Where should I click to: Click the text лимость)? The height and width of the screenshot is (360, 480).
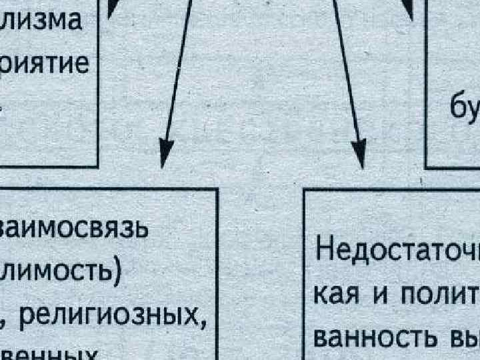click(x=60, y=275)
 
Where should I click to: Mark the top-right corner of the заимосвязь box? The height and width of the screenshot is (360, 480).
click(x=218, y=190)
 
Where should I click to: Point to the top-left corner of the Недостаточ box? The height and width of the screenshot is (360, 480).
click(x=304, y=191)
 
